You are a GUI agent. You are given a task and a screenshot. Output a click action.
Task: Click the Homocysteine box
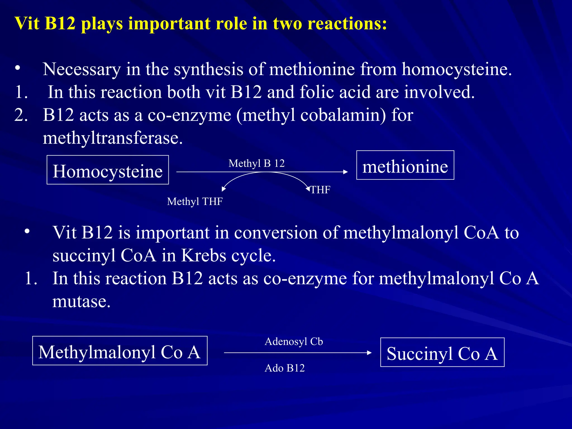pyautogui.click(x=108, y=170)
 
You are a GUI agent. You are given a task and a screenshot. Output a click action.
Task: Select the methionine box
pyautogui.click(x=405, y=165)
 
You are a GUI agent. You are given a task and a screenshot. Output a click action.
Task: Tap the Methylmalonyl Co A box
pyautogui.click(x=120, y=351)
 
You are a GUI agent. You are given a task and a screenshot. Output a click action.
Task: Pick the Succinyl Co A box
pyautogui.click(x=442, y=352)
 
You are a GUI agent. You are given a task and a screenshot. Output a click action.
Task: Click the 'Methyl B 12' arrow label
pyautogui.click(x=256, y=163)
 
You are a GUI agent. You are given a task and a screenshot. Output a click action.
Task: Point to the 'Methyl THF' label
pyautogui.click(x=195, y=201)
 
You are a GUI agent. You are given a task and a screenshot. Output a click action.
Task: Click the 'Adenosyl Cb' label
pyautogui.click(x=294, y=342)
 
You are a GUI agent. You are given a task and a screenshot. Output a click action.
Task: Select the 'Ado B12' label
pyautogui.click(x=285, y=368)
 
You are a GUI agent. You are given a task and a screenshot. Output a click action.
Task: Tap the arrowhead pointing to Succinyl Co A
pyautogui.click(x=369, y=353)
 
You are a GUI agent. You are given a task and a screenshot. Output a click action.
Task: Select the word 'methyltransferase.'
pyautogui.click(x=113, y=138)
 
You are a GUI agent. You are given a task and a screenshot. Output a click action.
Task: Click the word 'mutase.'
pyautogui.click(x=81, y=302)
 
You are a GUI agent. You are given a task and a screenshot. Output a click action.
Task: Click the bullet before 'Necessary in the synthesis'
pyautogui.click(x=18, y=68)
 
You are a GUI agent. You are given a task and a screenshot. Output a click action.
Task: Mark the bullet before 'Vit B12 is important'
pyautogui.click(x=27, y=231)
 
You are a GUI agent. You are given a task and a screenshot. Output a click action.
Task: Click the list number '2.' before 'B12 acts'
pyautogui.click(x=21, y=115)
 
